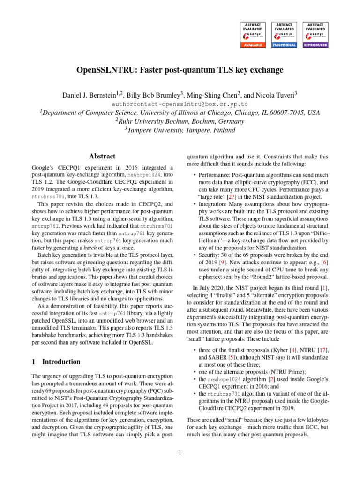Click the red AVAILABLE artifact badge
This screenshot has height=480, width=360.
(253, 35)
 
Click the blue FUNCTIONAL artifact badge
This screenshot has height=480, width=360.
(285, 35)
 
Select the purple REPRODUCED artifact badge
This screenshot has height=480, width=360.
(316, 35)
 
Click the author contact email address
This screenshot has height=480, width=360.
(180, 105)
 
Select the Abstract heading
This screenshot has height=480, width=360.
(102, 157)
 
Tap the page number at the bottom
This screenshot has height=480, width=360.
(180, 452)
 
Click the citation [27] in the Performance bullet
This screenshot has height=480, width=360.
(231, 189)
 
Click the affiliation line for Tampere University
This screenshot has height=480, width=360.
(180, 130)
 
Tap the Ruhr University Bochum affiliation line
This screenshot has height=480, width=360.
(180, 121)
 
